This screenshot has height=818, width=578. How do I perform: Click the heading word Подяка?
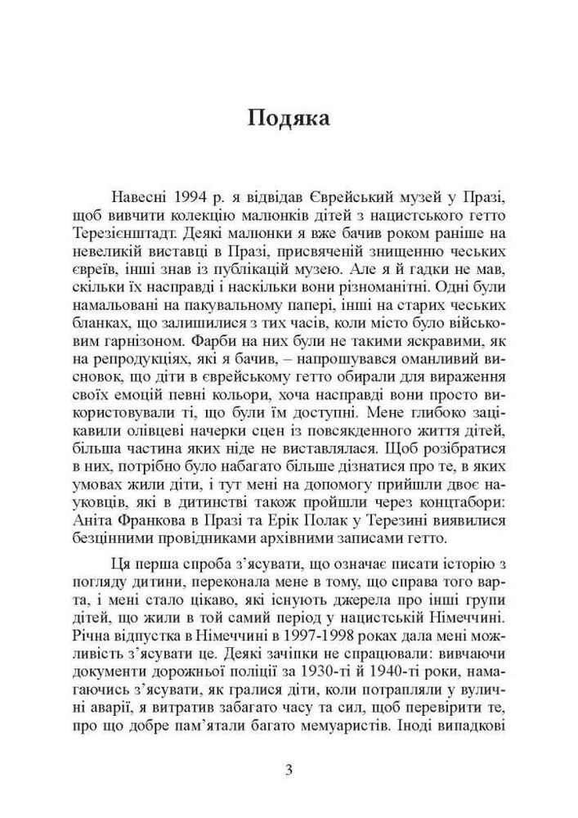(289, 119)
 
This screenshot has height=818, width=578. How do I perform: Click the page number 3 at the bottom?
(289, 769)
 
